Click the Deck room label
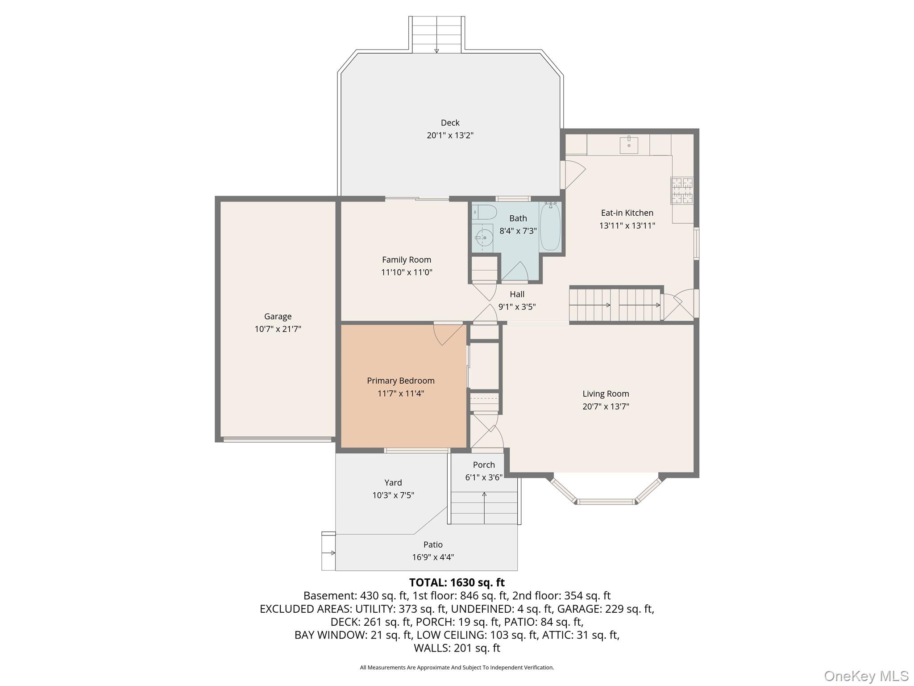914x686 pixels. click(450, 122)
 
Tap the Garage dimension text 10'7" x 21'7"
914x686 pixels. click(278, 329)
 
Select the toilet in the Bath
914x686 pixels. click(484, 212)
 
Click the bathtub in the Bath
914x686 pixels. click(550, 227)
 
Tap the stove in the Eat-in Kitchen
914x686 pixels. click(682, 191)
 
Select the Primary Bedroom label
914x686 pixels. click(400, 381)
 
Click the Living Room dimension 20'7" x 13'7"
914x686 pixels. click(606, 406)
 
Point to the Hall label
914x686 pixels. click(517, 294)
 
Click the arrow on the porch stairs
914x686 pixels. click(484, 495)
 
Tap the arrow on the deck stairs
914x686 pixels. click(436, 50)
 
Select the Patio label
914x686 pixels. click(433, 544)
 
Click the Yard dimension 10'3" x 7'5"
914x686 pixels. click(393, 495)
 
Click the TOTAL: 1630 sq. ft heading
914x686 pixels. click(457, 582)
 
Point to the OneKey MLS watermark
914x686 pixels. click(866, 676)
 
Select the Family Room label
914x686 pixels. click(406, 259)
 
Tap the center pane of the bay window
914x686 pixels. click(606, 502)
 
